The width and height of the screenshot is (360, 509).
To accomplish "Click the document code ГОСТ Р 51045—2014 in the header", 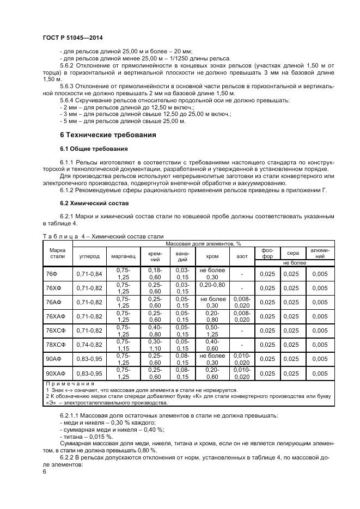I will [x=72, y=38].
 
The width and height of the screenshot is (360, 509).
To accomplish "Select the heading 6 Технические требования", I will [x=108, y=134].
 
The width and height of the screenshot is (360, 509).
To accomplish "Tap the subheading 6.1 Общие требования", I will [x=94, y=149].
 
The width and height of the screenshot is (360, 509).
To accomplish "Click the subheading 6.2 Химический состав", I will [x=94, y=203].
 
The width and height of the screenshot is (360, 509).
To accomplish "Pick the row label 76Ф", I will [x=52, y=274].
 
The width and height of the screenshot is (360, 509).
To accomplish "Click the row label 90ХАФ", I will [x=56, y=373].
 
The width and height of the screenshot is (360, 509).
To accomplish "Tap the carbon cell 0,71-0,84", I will [x=89, y=274].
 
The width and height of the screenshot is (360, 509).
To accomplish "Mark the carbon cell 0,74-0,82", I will [x=89, y=345].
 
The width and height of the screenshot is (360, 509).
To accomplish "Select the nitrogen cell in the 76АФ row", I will [x=241, y=302].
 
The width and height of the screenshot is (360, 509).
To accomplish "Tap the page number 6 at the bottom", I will [x=45, y=471].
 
